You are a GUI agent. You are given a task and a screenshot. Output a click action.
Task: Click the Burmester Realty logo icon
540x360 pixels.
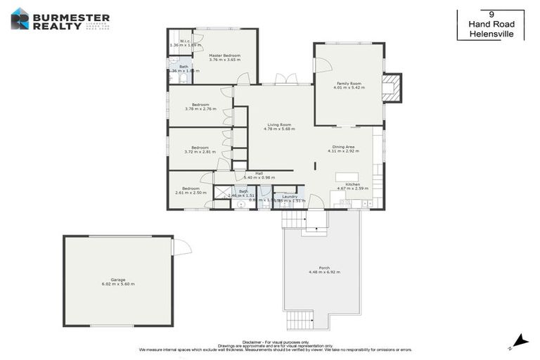[x=20, y=18]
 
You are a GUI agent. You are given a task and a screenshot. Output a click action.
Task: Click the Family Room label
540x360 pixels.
[x=349, y=83]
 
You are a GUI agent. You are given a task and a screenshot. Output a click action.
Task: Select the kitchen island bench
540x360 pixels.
[x=347, y=176]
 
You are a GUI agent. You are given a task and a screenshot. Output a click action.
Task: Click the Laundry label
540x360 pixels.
[x=290, y=196]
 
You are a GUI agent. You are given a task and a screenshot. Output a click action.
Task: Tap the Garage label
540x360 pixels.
[x=117, y=279]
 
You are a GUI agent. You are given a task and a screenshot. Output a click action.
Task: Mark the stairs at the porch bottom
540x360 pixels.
[x=300, y=321]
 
